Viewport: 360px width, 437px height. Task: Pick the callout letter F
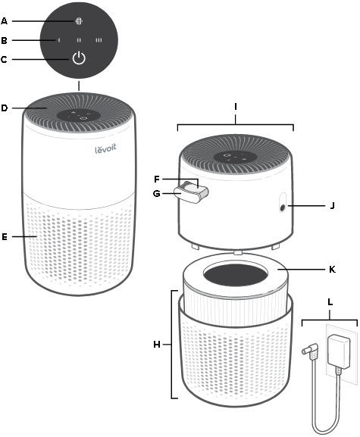[x=157, y=179]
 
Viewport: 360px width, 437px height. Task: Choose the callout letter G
[x=157, y=193]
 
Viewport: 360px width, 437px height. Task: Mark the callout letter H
[x=156, y=344]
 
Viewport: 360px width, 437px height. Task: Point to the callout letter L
[x=329, y=302]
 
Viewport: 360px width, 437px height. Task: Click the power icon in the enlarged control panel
[x=79, y=59]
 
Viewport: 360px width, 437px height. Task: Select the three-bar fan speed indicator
[x=99, y=39]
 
